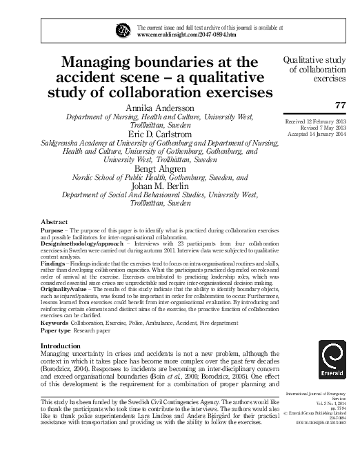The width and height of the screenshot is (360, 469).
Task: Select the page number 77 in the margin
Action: point(339,106)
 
